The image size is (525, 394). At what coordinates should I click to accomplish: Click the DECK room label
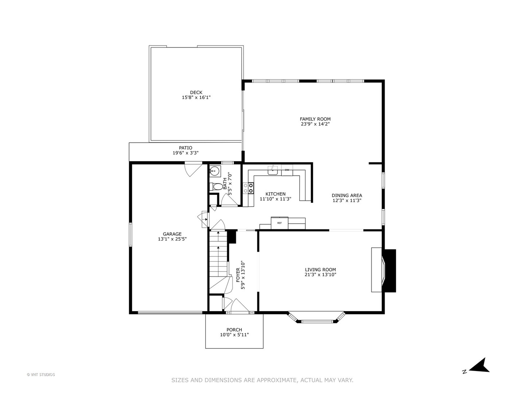[x=196, y=92]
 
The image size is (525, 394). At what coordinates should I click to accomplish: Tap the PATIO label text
[x=186, y=148]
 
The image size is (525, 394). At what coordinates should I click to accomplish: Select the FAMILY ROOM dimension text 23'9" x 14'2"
[x=315, y=124]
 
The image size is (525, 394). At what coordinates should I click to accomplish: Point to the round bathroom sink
[x=214, y=171]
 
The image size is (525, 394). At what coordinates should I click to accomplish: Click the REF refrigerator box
[x=279, y=223]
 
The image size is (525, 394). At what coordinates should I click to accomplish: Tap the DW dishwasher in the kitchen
[x=287, y=170]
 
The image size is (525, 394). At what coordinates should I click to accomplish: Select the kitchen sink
[x=272, y=170]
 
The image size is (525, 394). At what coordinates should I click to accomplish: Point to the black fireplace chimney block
[x=389, y=271]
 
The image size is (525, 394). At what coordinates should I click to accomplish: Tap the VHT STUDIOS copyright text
[x=41, y=375]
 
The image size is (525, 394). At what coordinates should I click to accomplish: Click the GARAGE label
[x=172, y=234]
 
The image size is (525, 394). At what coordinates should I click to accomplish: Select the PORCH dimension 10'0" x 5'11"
[x=234, y=335]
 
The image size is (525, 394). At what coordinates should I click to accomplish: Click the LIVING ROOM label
[x=320, y=270]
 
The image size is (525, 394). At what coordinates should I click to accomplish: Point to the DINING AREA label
[x=347, y=196]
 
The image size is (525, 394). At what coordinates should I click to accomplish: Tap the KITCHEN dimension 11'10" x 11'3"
[x=276, y=199]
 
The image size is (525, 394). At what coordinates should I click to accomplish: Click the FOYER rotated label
[x=238, y=275]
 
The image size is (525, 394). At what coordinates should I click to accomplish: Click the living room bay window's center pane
[x=317, y=321]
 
